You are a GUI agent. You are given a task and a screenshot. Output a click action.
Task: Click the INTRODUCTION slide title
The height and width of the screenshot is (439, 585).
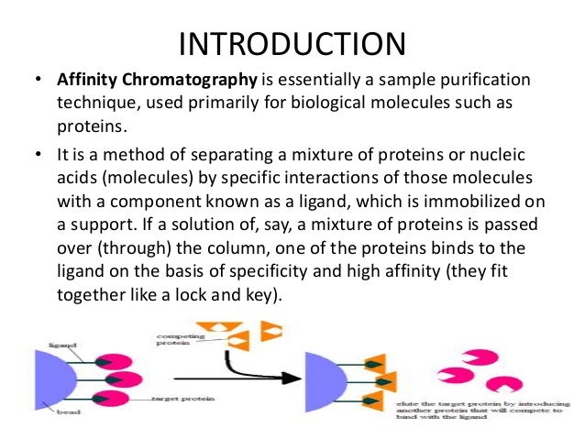tap(292, 43)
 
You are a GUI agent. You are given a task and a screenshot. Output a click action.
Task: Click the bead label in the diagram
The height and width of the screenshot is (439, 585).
tap(47, 413)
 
